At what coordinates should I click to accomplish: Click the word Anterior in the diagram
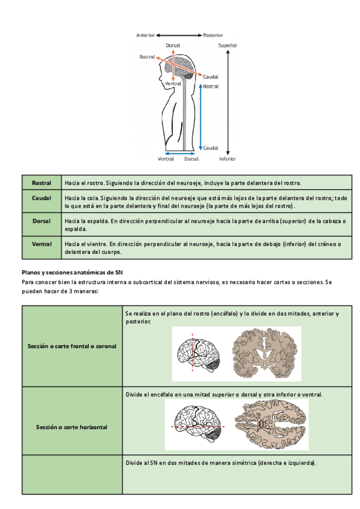coord(146,35)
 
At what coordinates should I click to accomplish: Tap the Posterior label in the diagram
coord(213,35)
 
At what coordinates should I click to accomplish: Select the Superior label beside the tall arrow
coord(227,45)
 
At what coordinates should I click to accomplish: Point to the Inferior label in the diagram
coord(227,159)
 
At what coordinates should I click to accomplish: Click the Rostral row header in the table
coord(41,183)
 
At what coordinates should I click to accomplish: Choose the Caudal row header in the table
coord(41,197)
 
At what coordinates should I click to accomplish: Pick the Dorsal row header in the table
coord(41,221)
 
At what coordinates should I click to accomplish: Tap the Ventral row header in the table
coord(41,244)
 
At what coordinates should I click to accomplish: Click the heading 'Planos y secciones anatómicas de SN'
coord(72,272)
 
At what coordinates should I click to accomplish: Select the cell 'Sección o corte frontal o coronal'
coord(72,346)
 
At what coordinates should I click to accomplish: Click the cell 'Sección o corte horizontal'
coord(72,427)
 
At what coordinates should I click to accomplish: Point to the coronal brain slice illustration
coord(267,354)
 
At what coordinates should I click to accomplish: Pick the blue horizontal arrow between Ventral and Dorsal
coord(179,153)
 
